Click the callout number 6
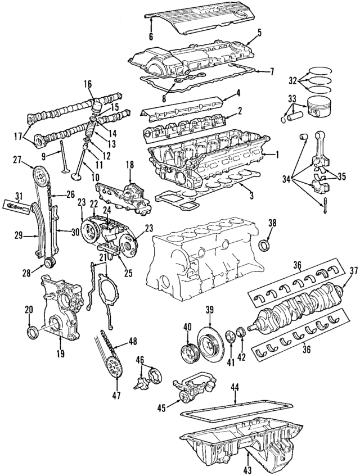click(151, 37)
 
